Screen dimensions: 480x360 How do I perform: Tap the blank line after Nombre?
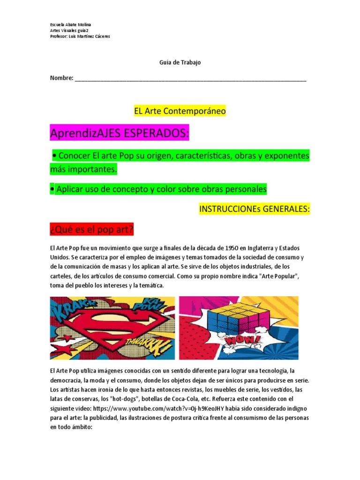(190, 78)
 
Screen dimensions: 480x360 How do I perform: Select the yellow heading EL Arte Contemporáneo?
(180, 111)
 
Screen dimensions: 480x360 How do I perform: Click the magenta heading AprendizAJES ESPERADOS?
(120, 134)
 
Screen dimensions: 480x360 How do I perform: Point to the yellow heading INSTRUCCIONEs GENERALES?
(255, 209)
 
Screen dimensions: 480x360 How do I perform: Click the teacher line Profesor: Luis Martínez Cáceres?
(80, 37)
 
